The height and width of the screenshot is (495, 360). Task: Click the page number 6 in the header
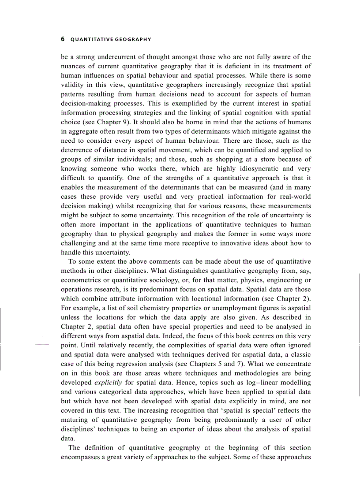[62, 39]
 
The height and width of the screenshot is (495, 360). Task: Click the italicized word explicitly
[108, 382]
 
